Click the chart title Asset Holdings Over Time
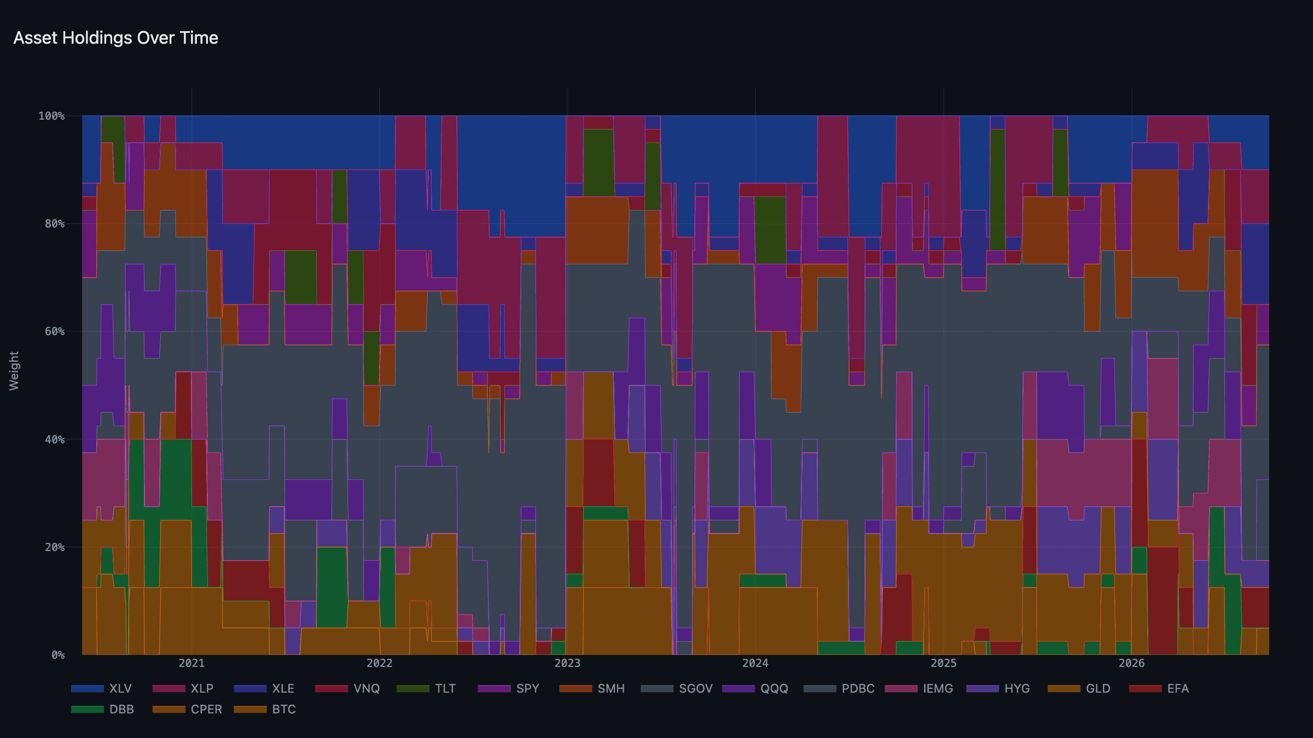(x=116, y=38)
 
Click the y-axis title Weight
(x=14, y=371)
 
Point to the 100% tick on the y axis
(x=51, y=116)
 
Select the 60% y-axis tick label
(x=55, y=331)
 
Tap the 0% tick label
(x=58, y=655)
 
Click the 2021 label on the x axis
(x=191, y=663)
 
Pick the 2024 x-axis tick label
(x=756, y=663)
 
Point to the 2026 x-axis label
(x=1131, y=663)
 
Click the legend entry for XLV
(x=101, y=688)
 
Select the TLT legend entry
(x=426, y=688)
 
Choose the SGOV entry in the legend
(x=677, y=688)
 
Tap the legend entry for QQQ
(x=755, y=688)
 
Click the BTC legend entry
(x=265, y=709)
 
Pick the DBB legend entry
(x=102, y=709)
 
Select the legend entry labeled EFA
(x=1159, y=688)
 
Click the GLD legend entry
(x=1079, y=688)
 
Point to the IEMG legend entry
(x=919, y=688)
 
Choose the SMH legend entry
(x=592, y=688)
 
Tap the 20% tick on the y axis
(x=55, y=547)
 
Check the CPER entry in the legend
(x=187, y=709)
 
